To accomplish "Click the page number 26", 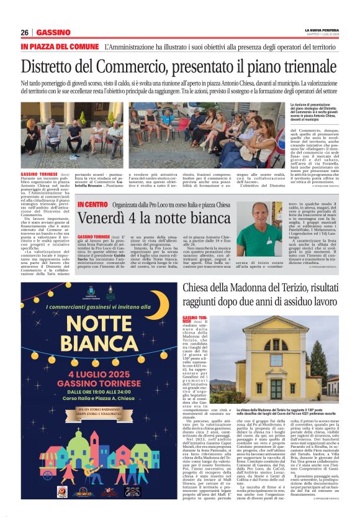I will (25, 32).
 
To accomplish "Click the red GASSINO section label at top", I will (53, 32).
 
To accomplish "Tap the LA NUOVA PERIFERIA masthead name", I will (321, 29).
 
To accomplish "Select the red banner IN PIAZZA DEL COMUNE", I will (60, 47).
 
